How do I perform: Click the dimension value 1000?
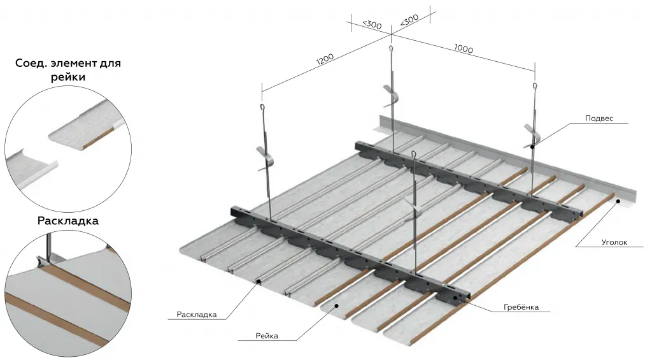pos(464,49)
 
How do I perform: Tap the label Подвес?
pos(599,118)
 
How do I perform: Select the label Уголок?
pos(614,242)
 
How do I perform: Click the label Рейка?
pos(266,336)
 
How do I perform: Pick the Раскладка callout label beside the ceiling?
pos(197,314)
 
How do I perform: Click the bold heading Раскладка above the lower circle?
pos(67,222)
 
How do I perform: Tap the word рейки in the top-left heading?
pos(67,77)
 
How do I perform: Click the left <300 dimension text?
pos(371,24)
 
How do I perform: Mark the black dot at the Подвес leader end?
pos(532,146)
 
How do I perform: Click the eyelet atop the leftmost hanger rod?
pos(262,110)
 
